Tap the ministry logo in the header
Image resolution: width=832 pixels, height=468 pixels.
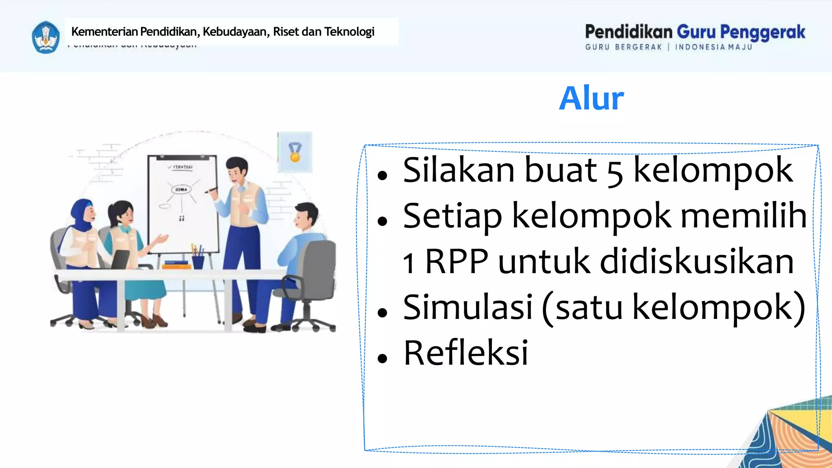point(45,37)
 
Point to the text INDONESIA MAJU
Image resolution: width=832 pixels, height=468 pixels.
point(713,47)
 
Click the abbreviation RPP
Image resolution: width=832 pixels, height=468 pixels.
point(456,262)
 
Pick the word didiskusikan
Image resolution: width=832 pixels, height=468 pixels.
point(696,262)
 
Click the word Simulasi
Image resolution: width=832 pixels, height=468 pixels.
point(468,307)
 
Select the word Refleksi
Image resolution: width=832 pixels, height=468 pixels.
point(466,353)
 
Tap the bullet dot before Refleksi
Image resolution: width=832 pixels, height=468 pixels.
point(382,358)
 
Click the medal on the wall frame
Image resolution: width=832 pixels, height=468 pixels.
point(295,152)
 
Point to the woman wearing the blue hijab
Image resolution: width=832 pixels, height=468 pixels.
point(83,252)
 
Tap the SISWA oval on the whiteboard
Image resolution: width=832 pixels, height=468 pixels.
point(181,189)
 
